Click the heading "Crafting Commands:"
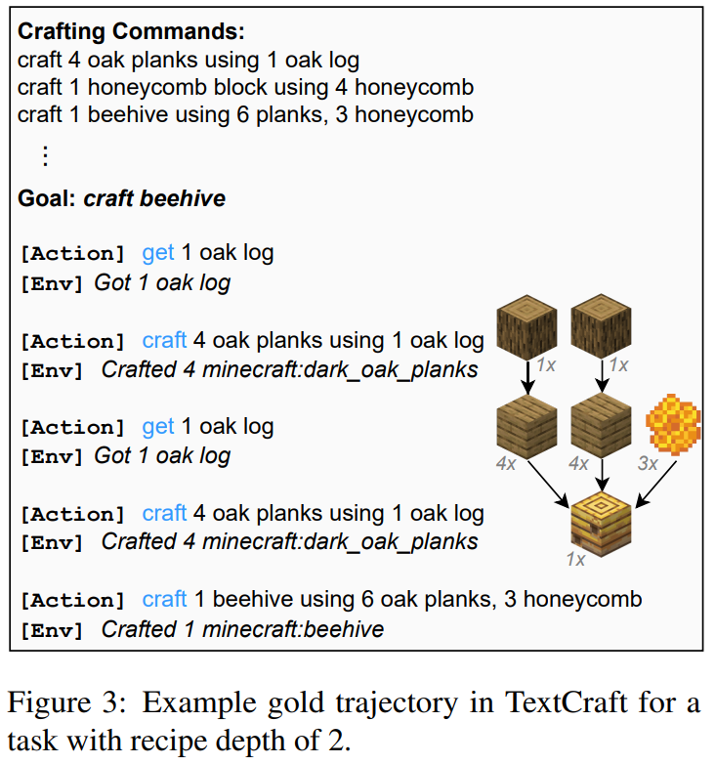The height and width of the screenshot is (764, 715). pos(132,30)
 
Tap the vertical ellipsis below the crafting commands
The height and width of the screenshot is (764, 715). pos(44,155)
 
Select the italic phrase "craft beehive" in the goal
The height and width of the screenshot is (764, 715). pos(154,199)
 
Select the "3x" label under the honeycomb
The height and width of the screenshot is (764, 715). pos(648,464)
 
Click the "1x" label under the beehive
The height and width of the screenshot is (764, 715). pos(575,560)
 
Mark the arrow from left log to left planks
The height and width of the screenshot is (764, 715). pos(527,375)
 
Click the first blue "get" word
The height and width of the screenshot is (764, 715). pos(158,254)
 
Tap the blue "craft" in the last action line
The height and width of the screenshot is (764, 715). pos(164,600)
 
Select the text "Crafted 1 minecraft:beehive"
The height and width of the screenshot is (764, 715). pos(242,630)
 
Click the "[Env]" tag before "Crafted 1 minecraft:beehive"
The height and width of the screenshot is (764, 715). pos(52,630)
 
